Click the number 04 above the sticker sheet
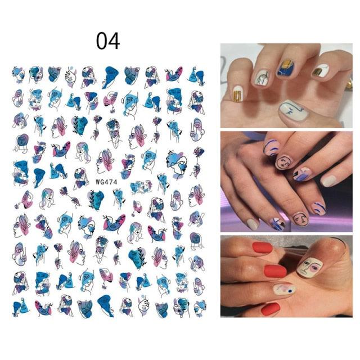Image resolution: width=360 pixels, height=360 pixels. [108, 41]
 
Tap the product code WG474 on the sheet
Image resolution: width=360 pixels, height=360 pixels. [106, 182]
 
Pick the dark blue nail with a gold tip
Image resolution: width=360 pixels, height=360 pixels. [286, 68]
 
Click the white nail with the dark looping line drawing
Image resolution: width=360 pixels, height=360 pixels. [263, 78]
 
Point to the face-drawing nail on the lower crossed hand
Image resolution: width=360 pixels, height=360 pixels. [300, 219]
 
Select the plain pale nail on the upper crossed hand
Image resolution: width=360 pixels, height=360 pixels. [330, 181]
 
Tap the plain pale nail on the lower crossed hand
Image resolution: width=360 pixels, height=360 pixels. [252, 224]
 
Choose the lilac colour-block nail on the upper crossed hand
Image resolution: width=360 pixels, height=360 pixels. [302, 174]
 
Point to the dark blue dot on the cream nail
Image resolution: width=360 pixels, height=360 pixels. [290, 291]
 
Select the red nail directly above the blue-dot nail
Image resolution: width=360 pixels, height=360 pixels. [275, 271]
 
